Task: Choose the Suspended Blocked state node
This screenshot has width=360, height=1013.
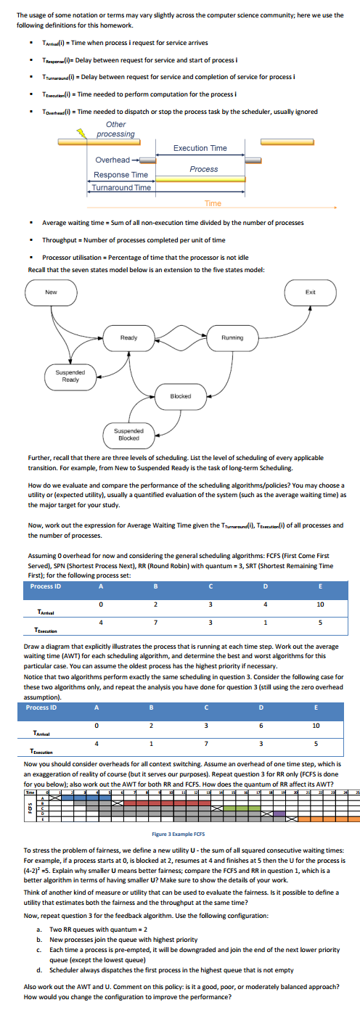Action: pyautogui.click(x=128, y=434)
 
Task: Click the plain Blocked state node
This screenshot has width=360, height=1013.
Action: pyautogui.click(x=180, y=397)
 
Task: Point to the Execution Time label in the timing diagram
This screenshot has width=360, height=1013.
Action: pyautogui.click(x=200, y=148)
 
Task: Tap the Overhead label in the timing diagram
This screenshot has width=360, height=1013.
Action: pyautogui.click(x=112, y=160)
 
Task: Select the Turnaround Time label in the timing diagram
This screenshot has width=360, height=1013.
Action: pyautogui.click(x=121, y=187)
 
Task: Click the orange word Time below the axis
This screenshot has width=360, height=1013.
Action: pyautogui.click(x=212, y=203)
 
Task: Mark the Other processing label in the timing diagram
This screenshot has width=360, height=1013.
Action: pyautogui.click(x=115, y=129)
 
